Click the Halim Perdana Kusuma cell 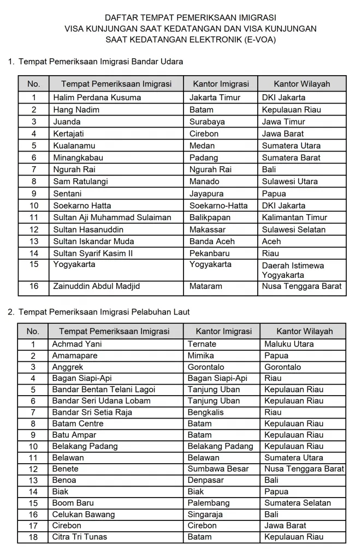point(97,98)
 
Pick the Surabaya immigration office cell point(207,122)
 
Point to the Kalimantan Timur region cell point(294,217)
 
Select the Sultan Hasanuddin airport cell point(88,229)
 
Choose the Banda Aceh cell point(212,241)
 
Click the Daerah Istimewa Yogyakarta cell point(293,270)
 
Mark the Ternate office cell point(202,344)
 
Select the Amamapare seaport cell point(75,355)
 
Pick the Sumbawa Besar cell point(218,469)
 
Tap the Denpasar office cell point(205,480)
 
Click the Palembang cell point(209,503)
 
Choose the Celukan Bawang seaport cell point(84,514)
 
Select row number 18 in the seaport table point(33,537)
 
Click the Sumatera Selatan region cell point(298,503)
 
